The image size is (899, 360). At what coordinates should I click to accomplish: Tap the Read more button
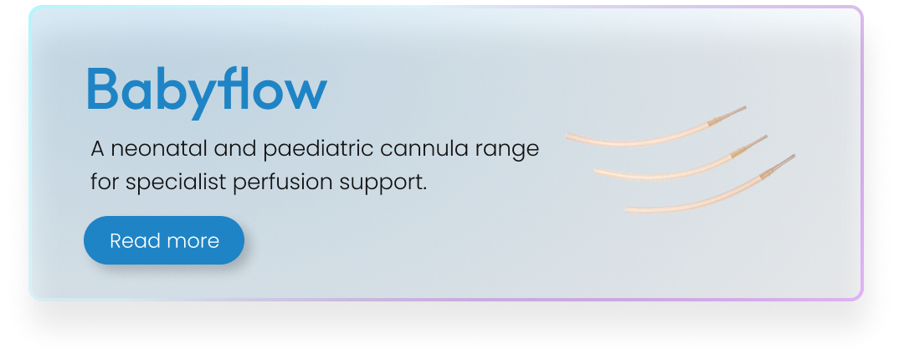pos(164,240)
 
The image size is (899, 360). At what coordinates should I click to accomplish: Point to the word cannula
pos(424,149)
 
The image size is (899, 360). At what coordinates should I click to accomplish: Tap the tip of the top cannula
pos(745,106)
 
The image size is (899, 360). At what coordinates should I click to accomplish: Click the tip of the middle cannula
pos(767,136)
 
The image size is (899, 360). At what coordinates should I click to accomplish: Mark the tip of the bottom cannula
pos(794,155)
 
